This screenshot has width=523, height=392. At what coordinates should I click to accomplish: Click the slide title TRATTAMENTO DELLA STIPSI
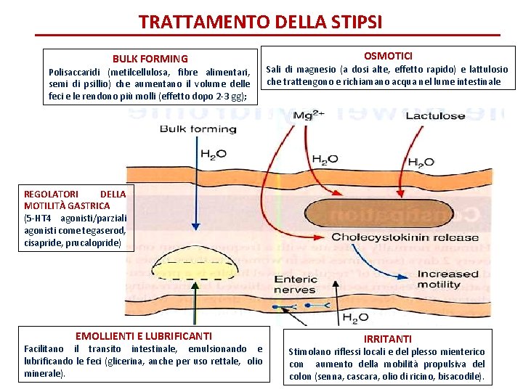tap(260, 22)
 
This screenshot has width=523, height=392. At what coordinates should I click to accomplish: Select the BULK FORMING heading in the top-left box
tap(150, 59)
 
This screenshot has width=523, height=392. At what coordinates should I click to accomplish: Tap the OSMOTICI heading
tap(389, 56)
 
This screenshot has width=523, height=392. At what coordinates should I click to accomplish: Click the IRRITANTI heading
tap(387, 339)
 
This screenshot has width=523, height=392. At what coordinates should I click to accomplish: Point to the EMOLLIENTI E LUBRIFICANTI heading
tap(144, 336)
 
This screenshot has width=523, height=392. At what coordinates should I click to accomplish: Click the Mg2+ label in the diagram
tap(305, 116)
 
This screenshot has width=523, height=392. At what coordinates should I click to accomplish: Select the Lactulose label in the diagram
tap(435, 116)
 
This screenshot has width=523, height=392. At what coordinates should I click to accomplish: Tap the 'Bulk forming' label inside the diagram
tap(198, 130)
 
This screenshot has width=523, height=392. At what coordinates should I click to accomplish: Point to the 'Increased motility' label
tap(448, 279)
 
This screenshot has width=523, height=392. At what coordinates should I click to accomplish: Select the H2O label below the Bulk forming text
tap(213, 154)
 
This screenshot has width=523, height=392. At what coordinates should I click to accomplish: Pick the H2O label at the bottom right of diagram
tap(355, 318)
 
